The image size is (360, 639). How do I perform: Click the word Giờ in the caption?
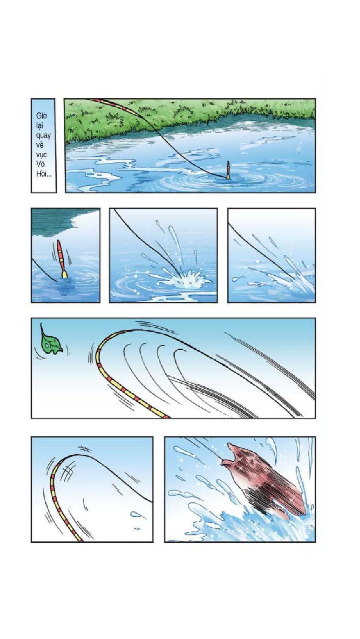tap(42, 116)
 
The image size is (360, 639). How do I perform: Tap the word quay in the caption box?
tap(43, 135)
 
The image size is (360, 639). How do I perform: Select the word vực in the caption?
tap(42, 155)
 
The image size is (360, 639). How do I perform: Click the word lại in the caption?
tap(40, 126)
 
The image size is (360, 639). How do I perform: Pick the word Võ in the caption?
tap(41, 164)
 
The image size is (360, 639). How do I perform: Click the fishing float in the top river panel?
tap(228, 170)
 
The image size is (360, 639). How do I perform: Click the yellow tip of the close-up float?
tap(65, 274)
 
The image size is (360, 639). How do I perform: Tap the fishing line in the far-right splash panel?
tap(260, 251)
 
